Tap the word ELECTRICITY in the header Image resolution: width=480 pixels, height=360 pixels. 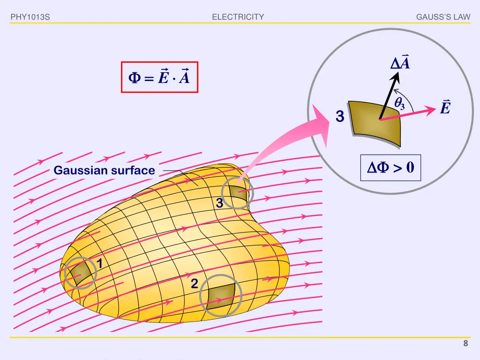click(238, 17)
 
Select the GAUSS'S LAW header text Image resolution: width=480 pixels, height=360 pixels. click(443, 17)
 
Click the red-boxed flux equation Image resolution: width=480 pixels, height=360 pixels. click(159, 77)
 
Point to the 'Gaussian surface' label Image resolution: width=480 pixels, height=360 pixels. click(104, 171)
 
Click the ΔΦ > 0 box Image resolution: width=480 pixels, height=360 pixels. click(390, 167)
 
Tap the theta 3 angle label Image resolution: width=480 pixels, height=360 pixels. click(399, 104)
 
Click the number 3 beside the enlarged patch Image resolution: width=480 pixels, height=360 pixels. click(340, 117)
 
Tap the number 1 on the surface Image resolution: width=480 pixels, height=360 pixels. click(100, 264)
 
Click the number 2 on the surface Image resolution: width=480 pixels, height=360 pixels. click(195, 284)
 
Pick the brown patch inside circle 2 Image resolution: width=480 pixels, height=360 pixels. click(221, 294)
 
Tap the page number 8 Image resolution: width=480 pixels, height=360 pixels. click(465, 344)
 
